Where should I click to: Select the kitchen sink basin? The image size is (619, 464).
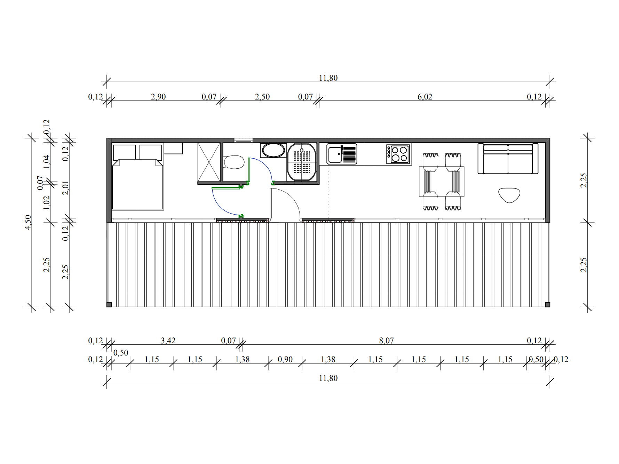click(335, 154)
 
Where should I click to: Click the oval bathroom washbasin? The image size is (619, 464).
click(273, 151)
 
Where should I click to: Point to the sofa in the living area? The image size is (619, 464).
click(508, 159)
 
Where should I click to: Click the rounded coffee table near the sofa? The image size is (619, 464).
click(509, 195)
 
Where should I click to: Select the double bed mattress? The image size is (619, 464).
click(138, 184)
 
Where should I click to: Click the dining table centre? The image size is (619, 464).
click(442, 182)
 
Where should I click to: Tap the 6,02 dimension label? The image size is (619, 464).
click(425, 97)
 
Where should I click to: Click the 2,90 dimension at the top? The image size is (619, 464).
click(158, 97)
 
